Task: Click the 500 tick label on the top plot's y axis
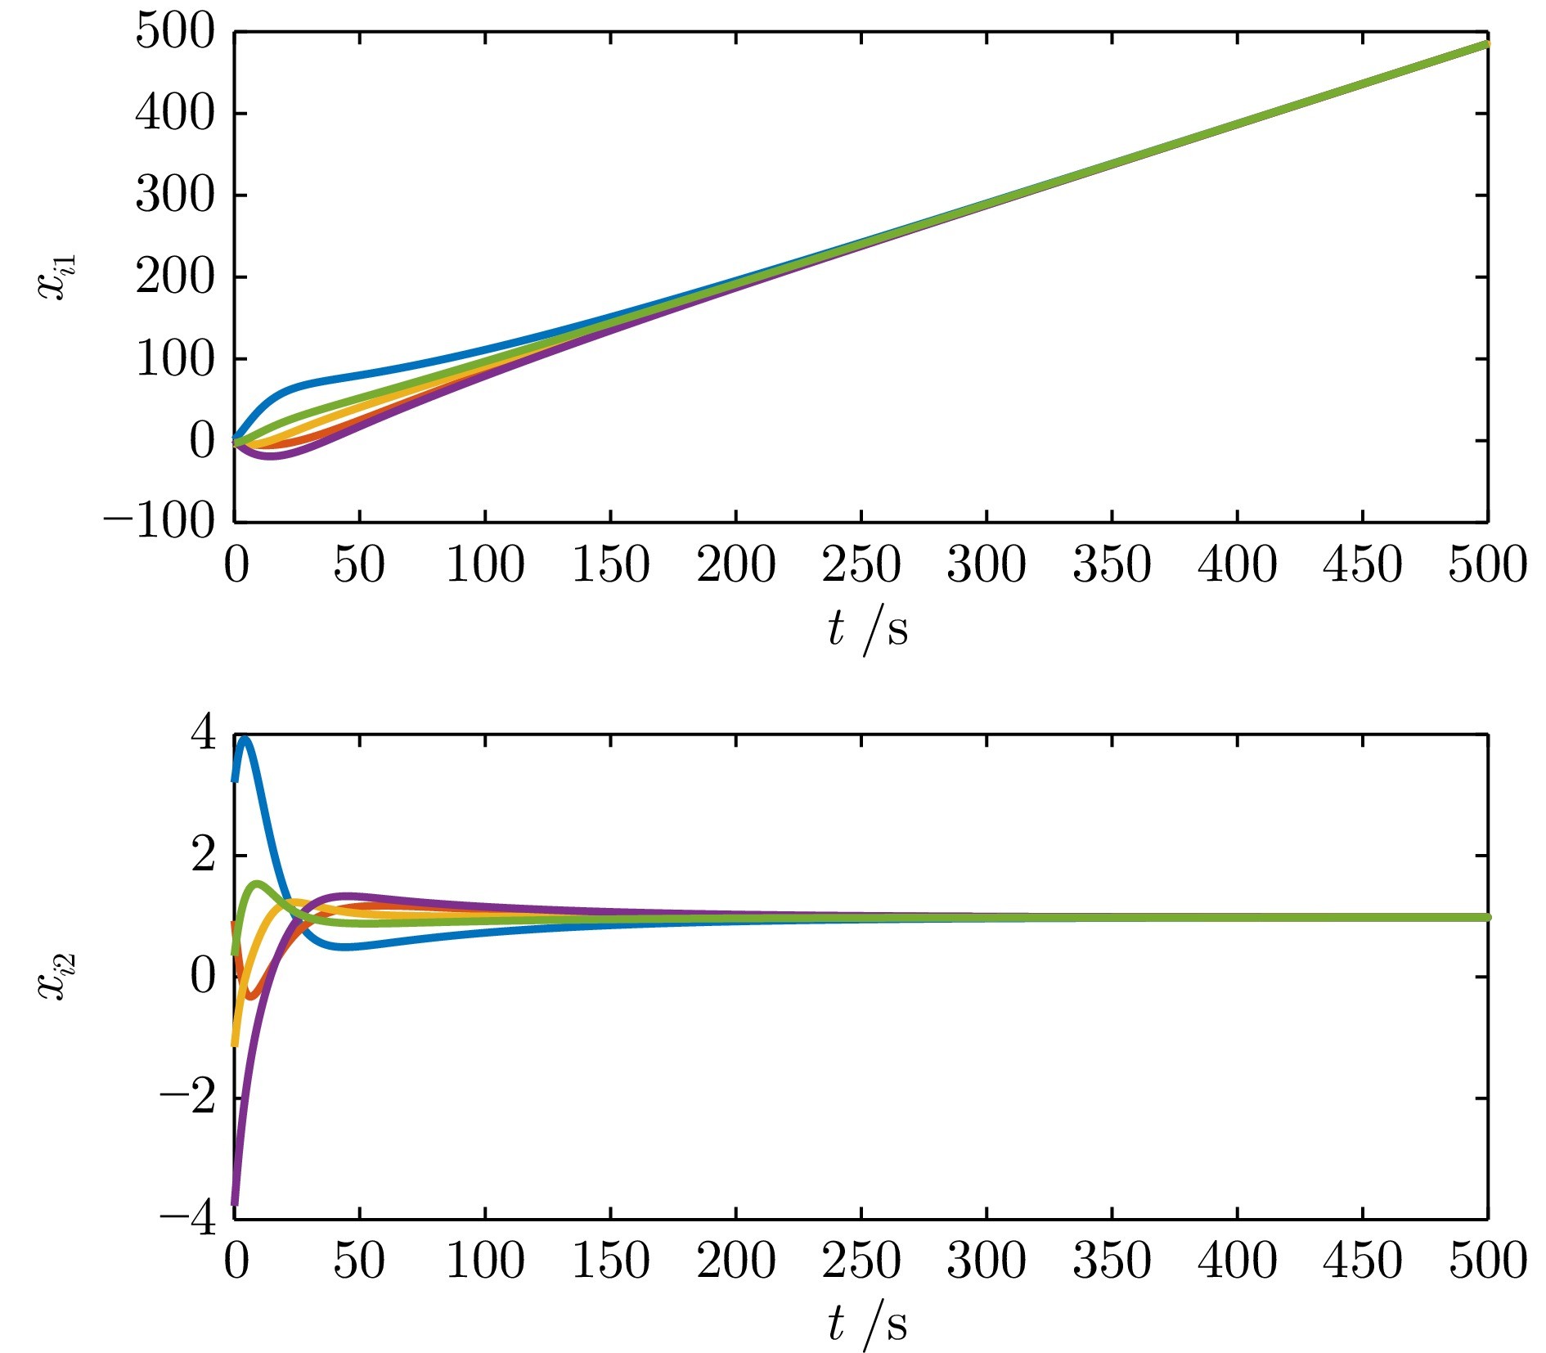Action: tap(174, 33)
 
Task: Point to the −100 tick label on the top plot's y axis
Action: tap(160, 522)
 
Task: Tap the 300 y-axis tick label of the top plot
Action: tap(174, 196)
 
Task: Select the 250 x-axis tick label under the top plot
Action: tap(861, 565)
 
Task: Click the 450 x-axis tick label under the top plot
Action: tap(1362, 565)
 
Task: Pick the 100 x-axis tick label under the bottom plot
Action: tap(485, 1261)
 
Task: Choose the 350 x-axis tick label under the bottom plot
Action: tap(1112, 1261)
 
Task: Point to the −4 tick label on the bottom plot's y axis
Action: tap(189, 1219)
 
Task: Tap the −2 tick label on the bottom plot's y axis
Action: tap(189, 1097)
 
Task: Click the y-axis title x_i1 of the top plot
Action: tap(57, 276)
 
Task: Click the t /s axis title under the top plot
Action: tap(866, 630)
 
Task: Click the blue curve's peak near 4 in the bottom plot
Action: tap(245, 739)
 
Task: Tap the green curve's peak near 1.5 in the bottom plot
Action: tap(258, 883)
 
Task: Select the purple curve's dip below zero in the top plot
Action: tap(270, 456)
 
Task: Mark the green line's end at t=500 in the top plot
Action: tap(1486, 44)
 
